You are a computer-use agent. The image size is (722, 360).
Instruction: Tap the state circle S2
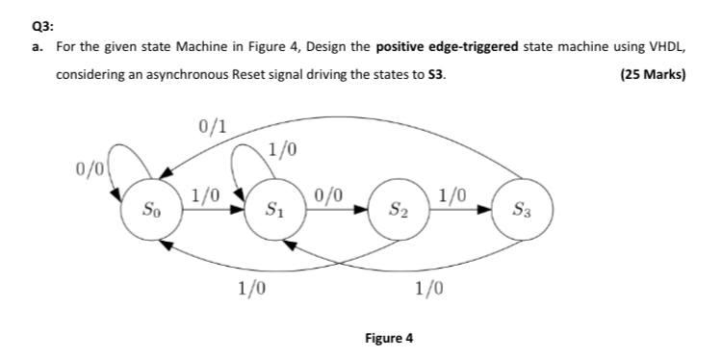398,207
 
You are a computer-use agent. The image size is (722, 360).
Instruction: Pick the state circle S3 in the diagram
521,207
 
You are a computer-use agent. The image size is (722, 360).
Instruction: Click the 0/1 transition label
212,126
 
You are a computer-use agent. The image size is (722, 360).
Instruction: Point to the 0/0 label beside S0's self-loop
90,169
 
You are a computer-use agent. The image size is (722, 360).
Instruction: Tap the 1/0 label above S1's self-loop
282,149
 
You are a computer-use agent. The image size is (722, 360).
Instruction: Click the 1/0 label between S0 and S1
204,194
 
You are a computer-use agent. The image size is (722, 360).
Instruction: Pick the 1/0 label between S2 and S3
453,194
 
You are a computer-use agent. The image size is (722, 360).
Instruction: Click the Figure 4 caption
389,338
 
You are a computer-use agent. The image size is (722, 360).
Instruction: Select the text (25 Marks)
654,74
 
